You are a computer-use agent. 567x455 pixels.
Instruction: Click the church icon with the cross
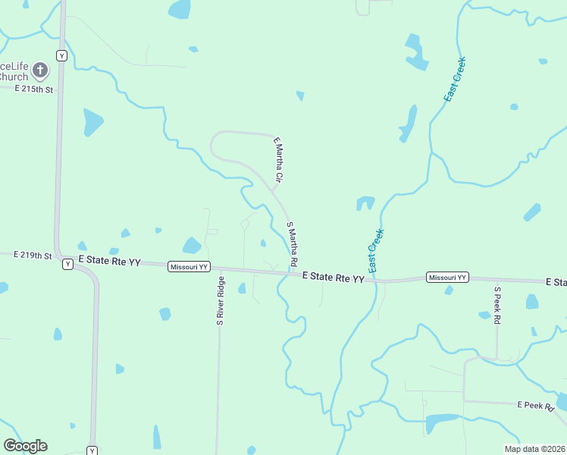tap(41, 71)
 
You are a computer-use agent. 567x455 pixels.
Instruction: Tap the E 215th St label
tap(35, 89)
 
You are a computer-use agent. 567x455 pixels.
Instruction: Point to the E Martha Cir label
tap(277, 160)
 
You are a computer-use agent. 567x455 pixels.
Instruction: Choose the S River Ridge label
tap(221, 301)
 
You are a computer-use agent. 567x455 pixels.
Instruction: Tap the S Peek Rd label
tap(497, 306)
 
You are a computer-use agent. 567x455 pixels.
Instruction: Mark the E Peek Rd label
tap(537, 406)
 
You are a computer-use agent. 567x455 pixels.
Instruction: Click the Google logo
tap(25, 446)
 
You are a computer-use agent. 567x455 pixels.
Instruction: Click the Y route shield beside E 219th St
tap(67, 264)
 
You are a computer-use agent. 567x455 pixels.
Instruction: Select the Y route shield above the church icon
tap(62, 55)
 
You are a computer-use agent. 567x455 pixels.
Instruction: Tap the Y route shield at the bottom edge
tap(92, 450)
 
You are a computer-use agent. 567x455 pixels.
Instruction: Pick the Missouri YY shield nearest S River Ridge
tap(188, 266)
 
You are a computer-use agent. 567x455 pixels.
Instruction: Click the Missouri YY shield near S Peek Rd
tap(447, 278)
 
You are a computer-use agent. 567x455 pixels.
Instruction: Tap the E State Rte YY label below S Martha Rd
tap(333, 278)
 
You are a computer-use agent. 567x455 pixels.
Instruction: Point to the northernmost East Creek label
tap(455, 80)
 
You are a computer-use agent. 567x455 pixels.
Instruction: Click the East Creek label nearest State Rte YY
tap(376, 251)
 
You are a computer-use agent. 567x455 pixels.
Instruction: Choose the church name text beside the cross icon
tap(14, 71)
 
